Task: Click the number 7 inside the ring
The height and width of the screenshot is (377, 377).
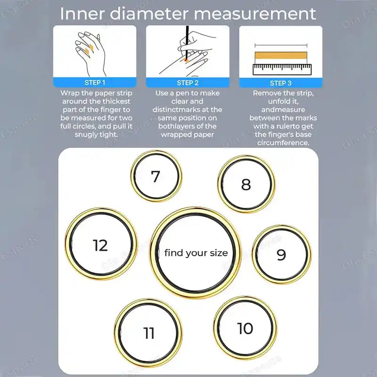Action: pyautogui.click(x=156, y=176)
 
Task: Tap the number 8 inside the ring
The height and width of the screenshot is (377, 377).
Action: pyautogui.click(x=246, y=184)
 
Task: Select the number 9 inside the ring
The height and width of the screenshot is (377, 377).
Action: pyautogui.click(x=281, y=255)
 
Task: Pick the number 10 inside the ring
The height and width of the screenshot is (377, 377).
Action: pyautogui.click(x=245, y=328)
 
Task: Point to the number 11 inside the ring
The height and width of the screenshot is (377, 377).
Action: pyautogui.click(x=149, y=333)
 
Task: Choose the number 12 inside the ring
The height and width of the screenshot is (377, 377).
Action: pyautogui.click(x=100, y=246)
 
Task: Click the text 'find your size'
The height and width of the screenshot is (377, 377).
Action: pyautogui.click(x=196, y=253)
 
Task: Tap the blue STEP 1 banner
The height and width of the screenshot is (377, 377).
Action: pyautogui.click(x=95, y=82)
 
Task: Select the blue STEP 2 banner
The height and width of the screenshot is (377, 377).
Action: pyautogui.click(x=188, y=82)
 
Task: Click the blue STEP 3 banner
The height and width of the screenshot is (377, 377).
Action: pyautogui.click(x=281, y=82)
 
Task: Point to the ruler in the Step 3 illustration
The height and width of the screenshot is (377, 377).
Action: pyautogui.click(x=281, y=70)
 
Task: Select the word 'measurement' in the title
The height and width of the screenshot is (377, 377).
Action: pyautogui.click(x=255, y=14)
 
